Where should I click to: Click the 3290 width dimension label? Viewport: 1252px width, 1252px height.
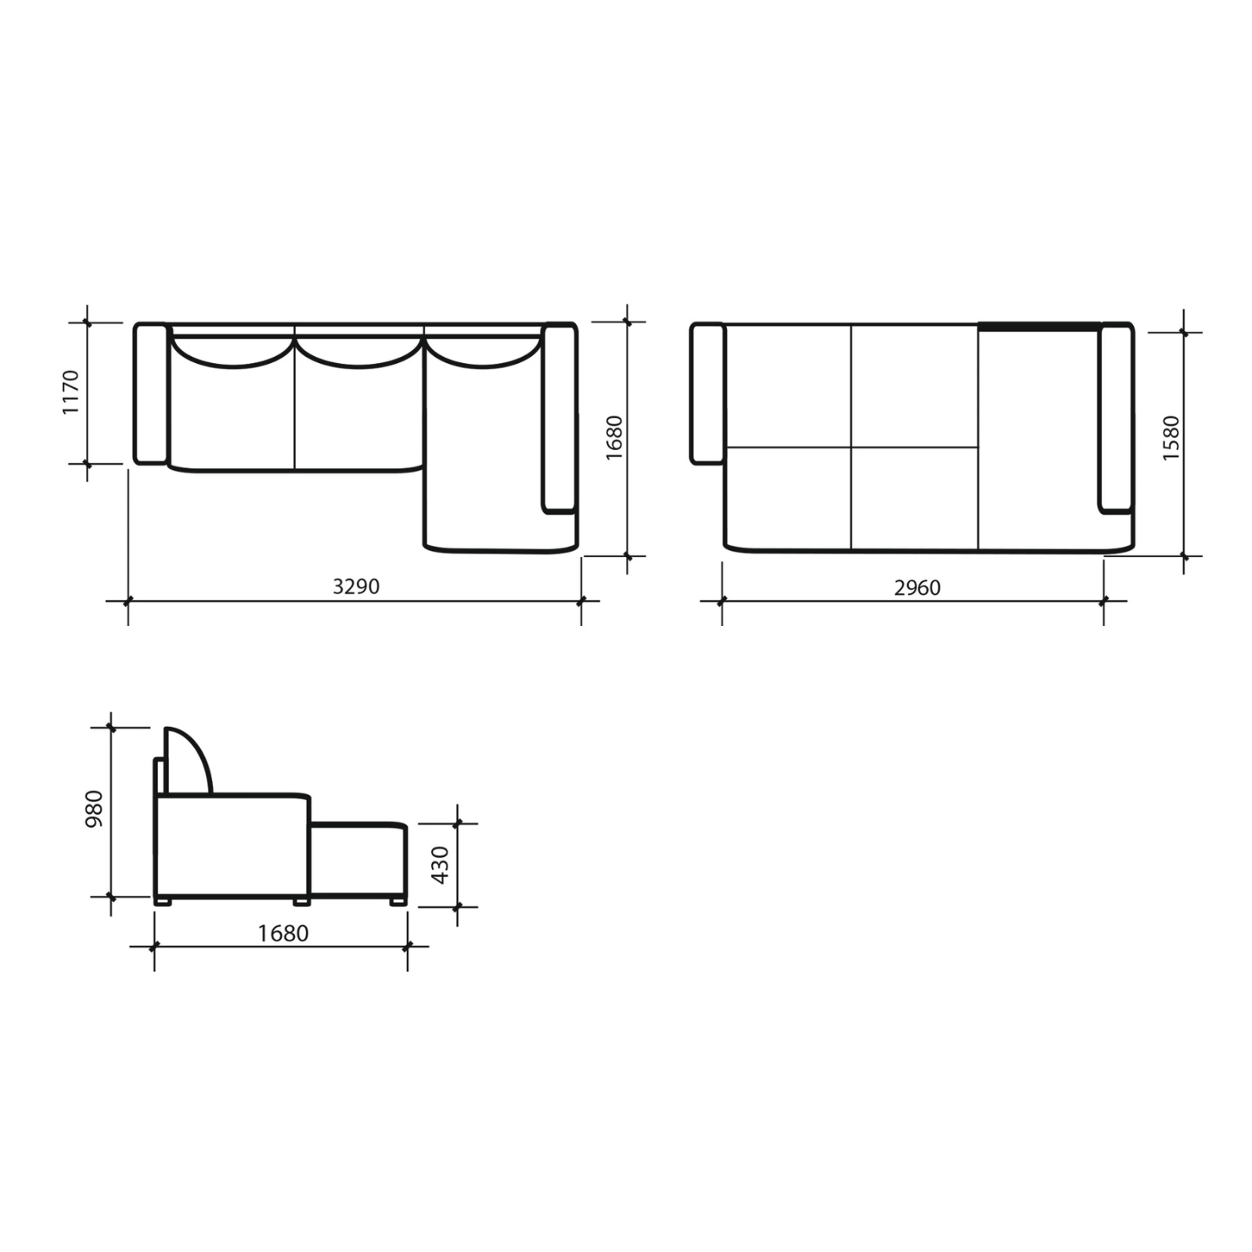point(356,586)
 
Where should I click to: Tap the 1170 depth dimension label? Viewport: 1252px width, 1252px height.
point(70,393)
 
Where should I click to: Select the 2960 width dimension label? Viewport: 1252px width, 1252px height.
point(917,587)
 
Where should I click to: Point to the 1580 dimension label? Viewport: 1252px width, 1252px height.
point(1171,438)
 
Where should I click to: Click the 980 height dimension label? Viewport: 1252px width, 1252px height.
point(94,810)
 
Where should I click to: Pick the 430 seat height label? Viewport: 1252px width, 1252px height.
point(441,865)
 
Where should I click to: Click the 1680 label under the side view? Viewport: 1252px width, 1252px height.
point(283,934)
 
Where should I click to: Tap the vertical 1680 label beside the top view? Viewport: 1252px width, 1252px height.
point(614,437)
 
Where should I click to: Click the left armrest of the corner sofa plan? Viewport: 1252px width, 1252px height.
point(151,394)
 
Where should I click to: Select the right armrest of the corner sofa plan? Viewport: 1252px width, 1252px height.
point(559,418)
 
